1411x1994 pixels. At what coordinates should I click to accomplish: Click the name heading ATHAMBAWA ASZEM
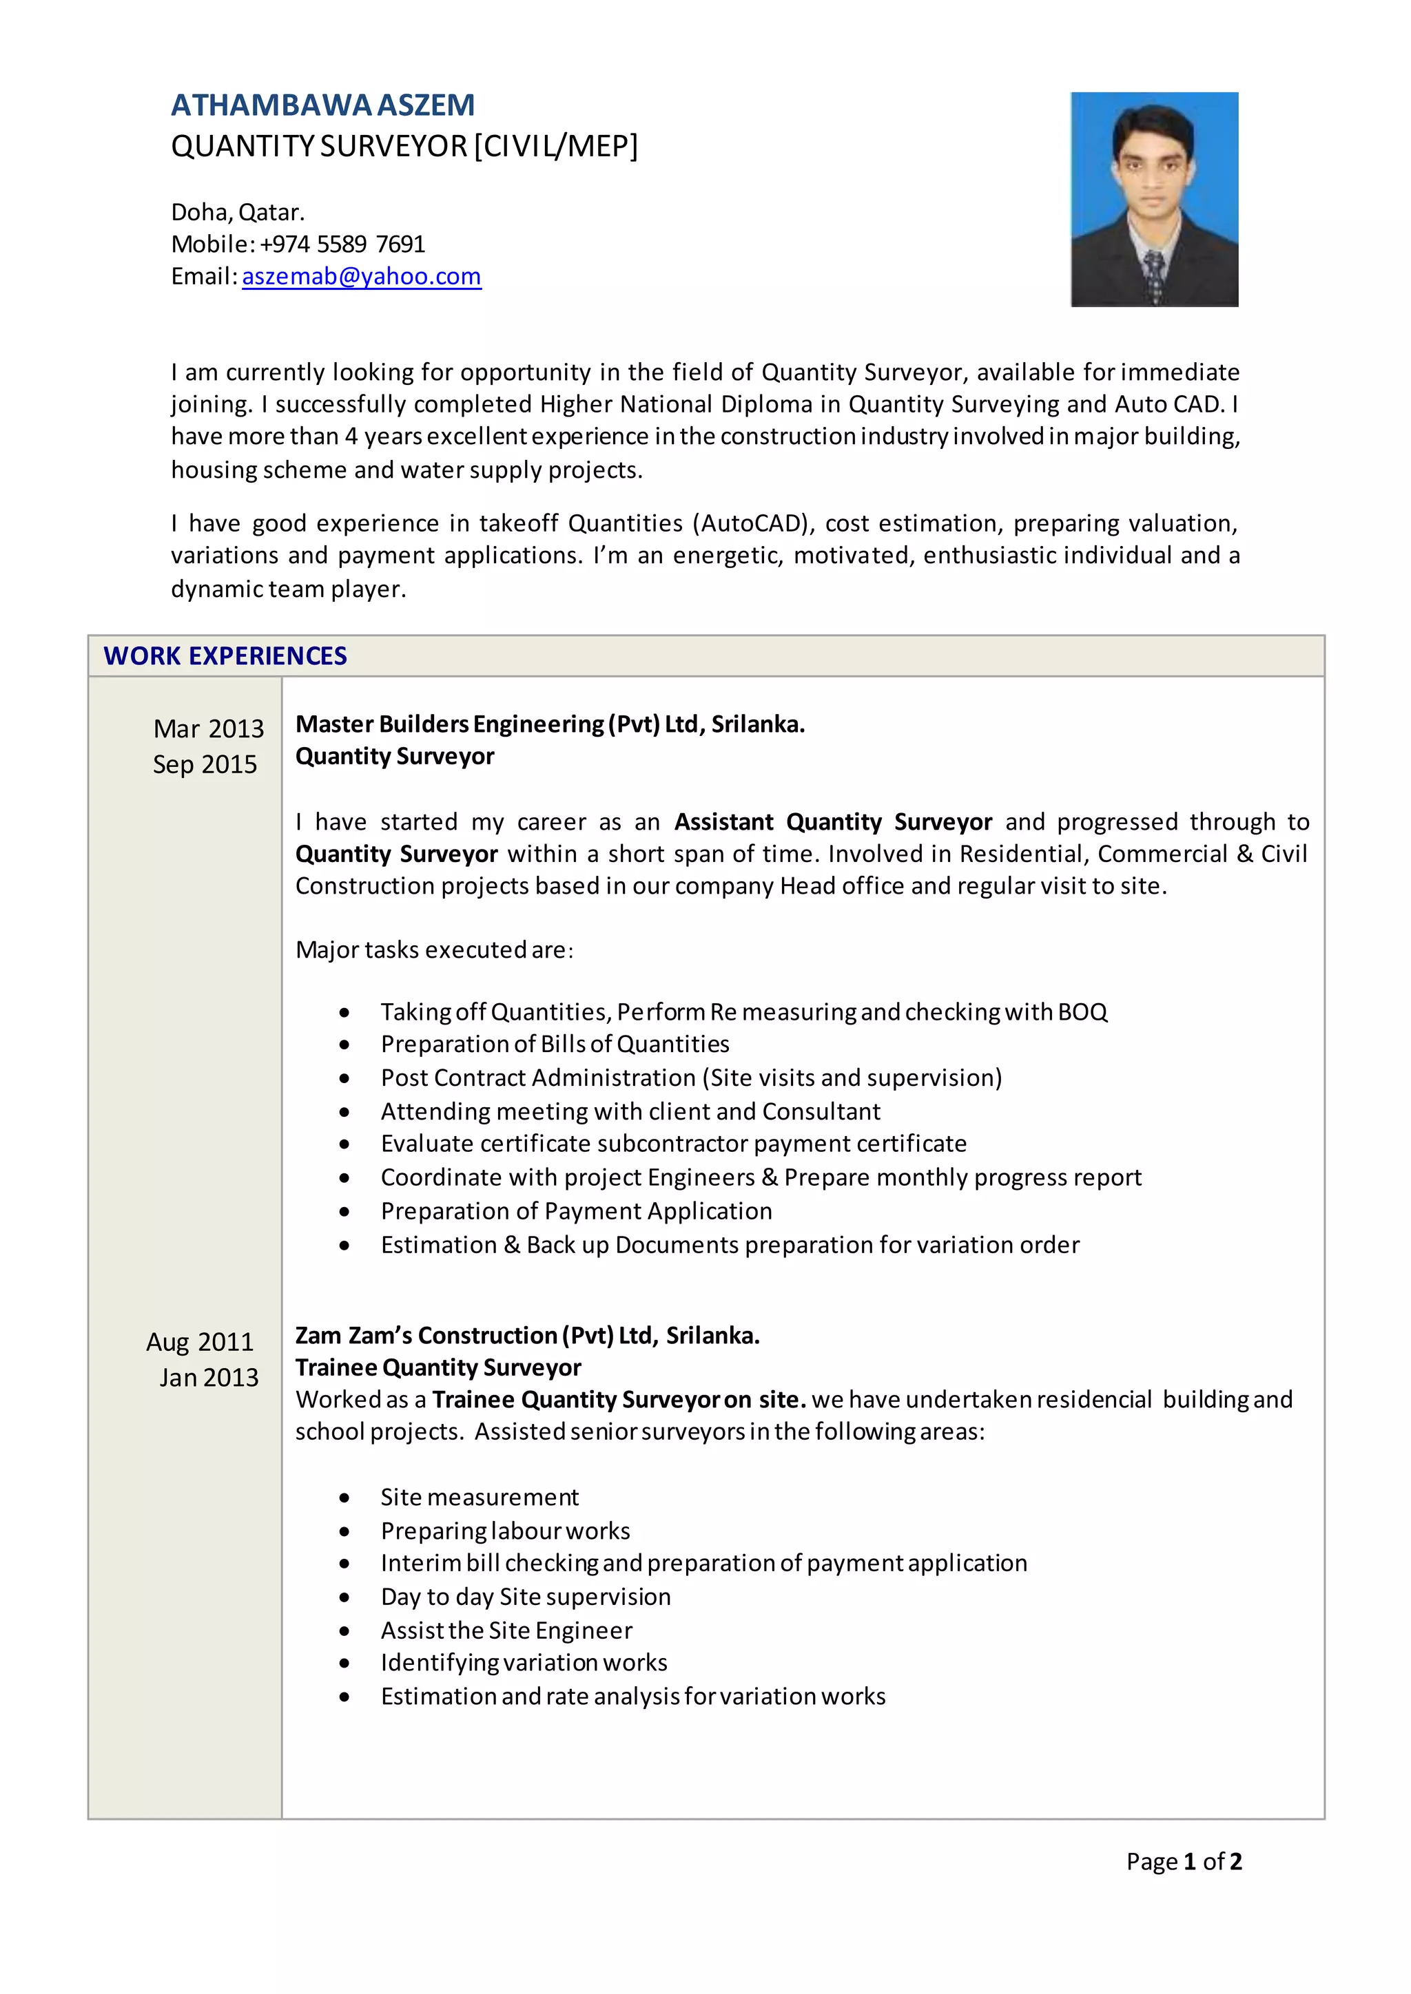322,105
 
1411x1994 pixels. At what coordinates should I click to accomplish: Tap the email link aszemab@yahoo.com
362,276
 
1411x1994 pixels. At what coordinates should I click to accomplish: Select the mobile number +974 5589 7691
342,244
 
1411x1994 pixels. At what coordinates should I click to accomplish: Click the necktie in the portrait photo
1155,275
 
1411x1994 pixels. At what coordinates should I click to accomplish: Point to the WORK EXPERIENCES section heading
225,655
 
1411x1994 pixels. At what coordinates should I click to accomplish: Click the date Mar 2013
209,728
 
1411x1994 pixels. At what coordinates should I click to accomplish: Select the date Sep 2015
205,764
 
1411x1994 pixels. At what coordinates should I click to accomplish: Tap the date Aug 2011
200,1342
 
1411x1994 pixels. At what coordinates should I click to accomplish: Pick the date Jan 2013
209,1377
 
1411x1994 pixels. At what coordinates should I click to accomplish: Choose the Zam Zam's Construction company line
527,1336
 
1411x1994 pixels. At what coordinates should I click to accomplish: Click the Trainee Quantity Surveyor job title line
438,1368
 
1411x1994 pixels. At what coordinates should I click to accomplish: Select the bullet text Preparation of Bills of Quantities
555,1044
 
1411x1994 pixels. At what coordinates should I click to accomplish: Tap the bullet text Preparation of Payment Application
576,1210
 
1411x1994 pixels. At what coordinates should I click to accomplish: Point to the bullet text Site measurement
480,1498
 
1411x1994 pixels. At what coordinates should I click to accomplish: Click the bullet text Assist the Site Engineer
506,1630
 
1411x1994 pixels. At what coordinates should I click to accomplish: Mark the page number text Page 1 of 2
1184,1861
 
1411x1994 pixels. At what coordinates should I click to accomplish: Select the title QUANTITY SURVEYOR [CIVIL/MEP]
404,146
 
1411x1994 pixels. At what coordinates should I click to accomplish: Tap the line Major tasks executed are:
435,949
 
